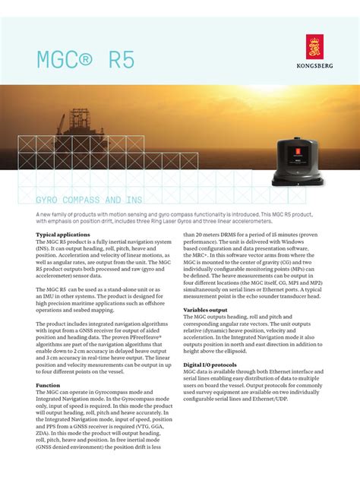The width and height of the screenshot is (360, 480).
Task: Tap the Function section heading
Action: point(49,385)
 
